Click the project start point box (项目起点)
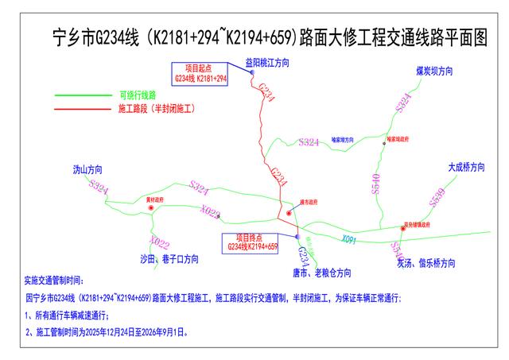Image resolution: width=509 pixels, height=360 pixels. click(x=200, y=73)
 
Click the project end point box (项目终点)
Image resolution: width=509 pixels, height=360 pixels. click(x=252, y=243)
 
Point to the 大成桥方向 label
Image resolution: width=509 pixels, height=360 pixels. click(x=465, y=168)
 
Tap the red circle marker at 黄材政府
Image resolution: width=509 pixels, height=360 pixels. click(x=150, y=207)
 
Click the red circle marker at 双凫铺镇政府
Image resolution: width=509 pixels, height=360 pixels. click(x=402, y=230)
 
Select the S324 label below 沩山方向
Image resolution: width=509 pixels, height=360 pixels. click(x=99, y=188)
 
